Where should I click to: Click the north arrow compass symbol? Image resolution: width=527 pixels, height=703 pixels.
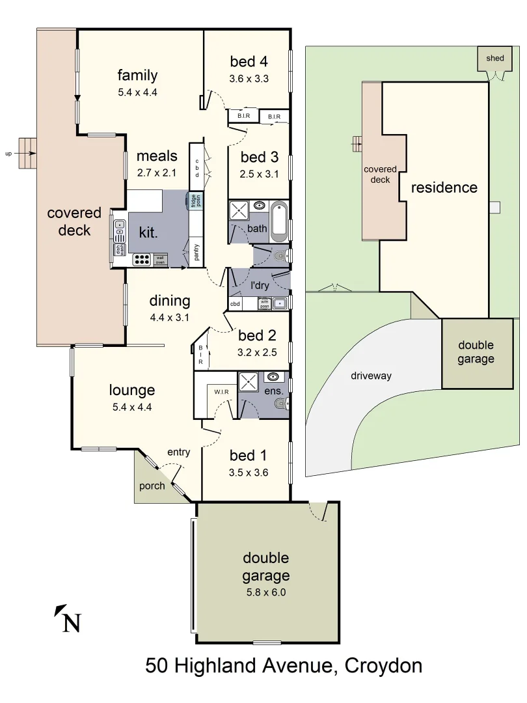[x=68, y=618]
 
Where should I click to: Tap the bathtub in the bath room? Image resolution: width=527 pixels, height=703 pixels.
[x=278, y=219]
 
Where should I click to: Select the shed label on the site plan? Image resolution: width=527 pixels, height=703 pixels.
[x=494, y=59]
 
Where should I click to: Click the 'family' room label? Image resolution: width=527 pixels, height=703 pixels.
[x=137, y=75]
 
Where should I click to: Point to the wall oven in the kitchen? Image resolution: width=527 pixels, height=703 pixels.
[x=160, y=260]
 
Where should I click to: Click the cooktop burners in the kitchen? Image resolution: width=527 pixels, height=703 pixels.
[x=142, y=260]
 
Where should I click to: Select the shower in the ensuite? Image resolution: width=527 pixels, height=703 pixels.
[x=249, y=381]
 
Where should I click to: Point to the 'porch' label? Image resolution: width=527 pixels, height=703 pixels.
[x=152, y=486]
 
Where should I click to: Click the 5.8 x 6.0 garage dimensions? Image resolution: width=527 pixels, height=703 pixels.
[x=265, y=592]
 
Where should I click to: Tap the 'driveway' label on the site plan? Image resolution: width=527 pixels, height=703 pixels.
[x=372, y=376]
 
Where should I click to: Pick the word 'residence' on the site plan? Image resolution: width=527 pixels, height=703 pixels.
[x=444, y=187]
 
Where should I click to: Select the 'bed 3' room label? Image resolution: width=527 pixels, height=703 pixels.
[x=259, y=157]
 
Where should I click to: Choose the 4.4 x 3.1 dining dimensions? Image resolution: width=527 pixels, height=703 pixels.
[x=169, y=318]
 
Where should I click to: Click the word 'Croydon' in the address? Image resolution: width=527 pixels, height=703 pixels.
[x=383, y=666]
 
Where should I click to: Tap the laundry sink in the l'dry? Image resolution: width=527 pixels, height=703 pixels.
[x=279, y=303]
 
